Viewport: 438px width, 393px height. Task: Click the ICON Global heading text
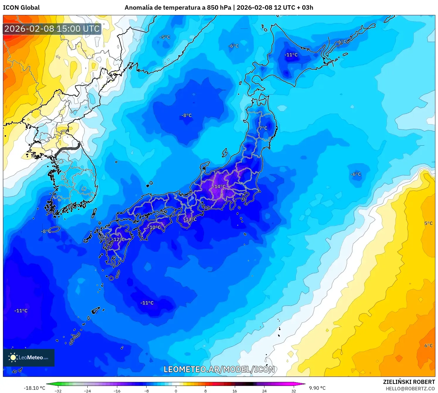coord(21,8)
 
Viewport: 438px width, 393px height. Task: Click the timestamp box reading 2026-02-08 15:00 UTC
coord(52,29)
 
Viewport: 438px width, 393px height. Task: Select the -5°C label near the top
coord(165,37)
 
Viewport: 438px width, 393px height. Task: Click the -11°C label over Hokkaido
coord(291,55)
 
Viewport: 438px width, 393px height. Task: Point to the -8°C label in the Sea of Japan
coord(186,116)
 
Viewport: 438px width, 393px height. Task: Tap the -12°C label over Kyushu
coord(118,239)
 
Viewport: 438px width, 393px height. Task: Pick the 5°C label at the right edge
coord(428,223)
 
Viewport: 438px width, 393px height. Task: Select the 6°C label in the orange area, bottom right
coord(428,346)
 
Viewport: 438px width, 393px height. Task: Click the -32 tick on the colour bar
coord(58,391)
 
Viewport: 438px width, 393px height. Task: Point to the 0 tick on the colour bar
coord(176,391)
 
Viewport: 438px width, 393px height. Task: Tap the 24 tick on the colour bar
coord(264,391)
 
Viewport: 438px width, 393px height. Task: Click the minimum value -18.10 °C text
coord(34,388)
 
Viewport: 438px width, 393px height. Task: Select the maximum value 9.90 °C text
coord(317,388)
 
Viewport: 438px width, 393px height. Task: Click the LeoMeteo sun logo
coord(13,357)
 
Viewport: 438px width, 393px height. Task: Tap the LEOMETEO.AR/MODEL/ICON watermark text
coord(219,370)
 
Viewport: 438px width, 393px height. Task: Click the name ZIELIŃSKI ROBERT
coord(409,382)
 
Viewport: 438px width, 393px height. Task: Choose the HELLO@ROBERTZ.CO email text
coord(410,389)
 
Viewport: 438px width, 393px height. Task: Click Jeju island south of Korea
coord(54,230)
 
